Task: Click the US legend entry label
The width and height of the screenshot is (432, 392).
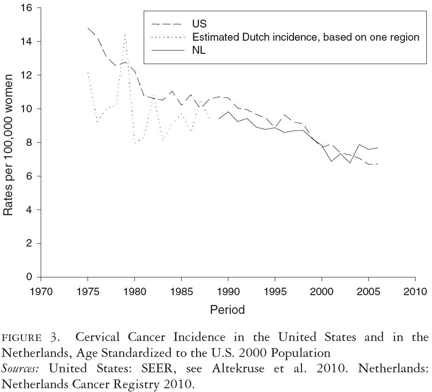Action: point(199,24)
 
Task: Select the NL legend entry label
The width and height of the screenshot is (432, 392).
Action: point(199,51)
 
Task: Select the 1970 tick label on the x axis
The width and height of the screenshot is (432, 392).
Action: point(41,292)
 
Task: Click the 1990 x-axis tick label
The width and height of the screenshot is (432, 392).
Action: point(228,292)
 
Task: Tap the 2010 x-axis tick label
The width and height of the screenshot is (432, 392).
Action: point(415,292)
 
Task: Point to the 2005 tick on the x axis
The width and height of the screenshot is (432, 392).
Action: point(368,292)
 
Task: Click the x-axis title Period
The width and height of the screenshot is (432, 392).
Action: point(227,310)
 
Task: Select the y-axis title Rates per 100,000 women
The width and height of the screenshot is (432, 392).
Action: point(8,143)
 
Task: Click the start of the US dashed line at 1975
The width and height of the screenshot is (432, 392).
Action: point(88,28)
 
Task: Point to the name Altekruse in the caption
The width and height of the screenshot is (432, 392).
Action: point(239,368)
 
